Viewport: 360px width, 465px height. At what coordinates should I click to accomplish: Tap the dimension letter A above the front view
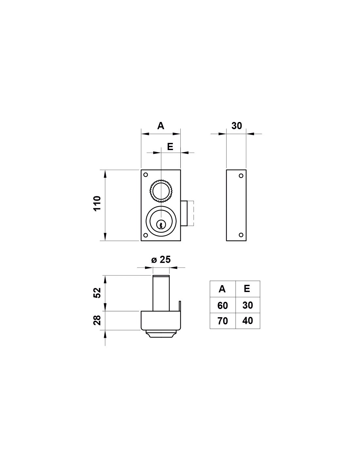pyautogui.click(x=161, y=126)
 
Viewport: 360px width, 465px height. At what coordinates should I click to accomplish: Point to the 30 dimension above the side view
pyautogui.click(x=237, y=126)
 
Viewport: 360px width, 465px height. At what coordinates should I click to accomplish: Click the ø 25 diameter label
pyautogui.click(x=161, y=260)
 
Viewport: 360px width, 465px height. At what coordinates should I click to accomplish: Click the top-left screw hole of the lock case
pyautogui.click(x=146, y=175)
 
